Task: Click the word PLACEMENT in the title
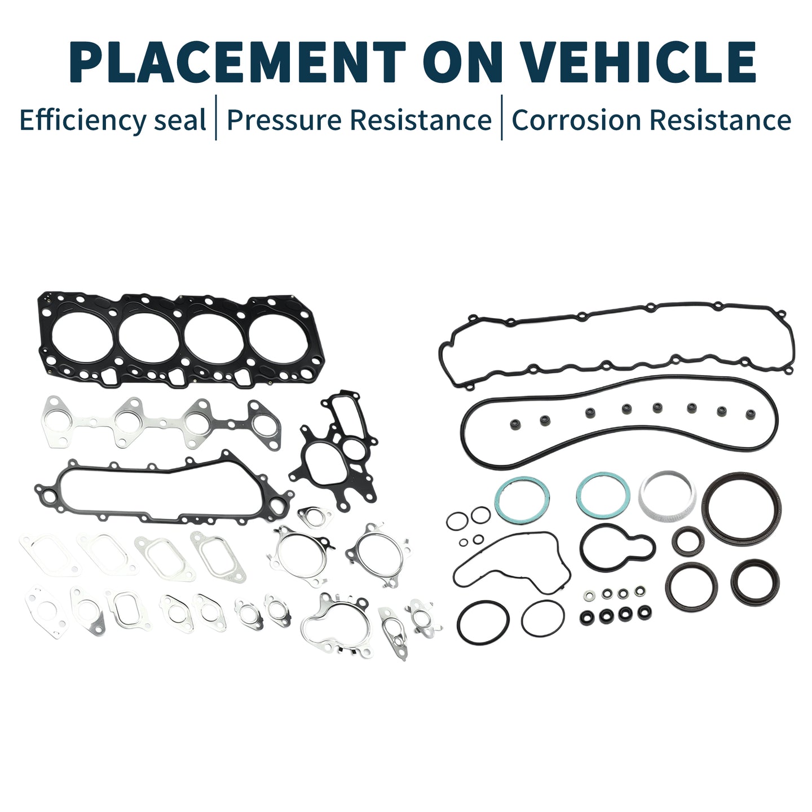coord(237,62)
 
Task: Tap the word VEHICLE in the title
coord(641,62)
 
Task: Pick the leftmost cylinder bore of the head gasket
coord(82,338)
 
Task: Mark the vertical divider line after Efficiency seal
coord(216,117)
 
